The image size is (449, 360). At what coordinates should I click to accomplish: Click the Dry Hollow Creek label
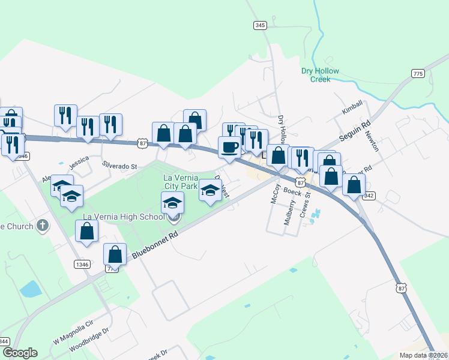point(320,75)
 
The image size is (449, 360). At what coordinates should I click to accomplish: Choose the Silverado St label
point(119,165)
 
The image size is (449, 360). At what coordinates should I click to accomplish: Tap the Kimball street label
point(352,108)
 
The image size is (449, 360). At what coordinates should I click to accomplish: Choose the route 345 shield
point(260,25)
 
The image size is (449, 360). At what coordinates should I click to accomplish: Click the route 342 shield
point(369,196)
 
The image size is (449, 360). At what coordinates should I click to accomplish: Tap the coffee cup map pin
point(229,146)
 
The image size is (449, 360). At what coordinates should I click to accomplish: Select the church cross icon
point(41,226)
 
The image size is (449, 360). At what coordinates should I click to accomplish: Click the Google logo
point(20,353)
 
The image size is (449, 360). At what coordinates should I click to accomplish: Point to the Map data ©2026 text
point(424,355)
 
